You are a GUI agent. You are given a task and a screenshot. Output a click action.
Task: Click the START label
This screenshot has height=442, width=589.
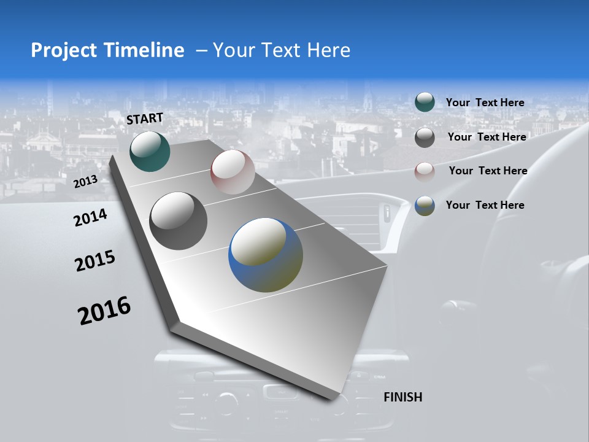[x=145, y=118]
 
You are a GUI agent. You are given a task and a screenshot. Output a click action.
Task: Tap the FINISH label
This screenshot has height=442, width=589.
[x=402, y=397]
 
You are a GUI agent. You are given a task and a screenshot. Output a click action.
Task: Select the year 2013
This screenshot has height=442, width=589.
[x=85, y=182]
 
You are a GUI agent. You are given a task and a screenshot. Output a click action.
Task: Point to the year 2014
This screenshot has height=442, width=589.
[x=90, y=217]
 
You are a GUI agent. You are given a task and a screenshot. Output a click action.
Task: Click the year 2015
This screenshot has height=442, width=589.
[x=95, y=261]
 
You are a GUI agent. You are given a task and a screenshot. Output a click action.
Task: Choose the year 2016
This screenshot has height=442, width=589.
[x=104, y=311]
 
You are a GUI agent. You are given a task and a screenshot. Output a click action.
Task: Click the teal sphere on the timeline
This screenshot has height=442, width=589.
[x=150, y=151]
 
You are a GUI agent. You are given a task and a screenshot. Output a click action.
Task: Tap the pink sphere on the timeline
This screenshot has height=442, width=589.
[x=233, y=172]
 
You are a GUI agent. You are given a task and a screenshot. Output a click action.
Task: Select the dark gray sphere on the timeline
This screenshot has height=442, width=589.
[x=178, y=221]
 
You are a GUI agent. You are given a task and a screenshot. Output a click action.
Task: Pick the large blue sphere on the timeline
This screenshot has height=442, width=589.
[x=266, y=255]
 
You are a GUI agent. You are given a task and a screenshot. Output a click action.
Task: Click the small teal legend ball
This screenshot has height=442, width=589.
[x=425, y=102]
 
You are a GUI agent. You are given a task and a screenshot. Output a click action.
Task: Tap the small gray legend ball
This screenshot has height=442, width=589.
[x=425, y=138]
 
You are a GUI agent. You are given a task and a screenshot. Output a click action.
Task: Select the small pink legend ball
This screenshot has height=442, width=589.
[x=425, y=171]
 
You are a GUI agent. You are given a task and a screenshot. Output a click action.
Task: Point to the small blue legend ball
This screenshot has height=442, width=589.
[x=425, y=206]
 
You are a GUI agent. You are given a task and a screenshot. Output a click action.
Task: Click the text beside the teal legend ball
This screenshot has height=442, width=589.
[x=485, y=103]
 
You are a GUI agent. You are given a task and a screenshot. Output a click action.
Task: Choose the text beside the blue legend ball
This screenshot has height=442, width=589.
[x=485, y=205]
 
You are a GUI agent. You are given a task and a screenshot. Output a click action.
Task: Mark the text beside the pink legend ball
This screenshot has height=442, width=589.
[x=488, y=171]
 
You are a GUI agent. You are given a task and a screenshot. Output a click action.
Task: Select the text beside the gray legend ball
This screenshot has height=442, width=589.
[x=487, y=137]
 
